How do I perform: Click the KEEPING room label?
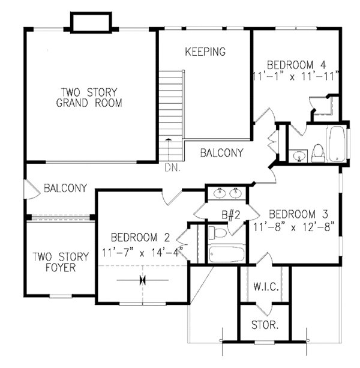(x=205, y=52)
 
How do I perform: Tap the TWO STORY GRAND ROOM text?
(x=89, y=97)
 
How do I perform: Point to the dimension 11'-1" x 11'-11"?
(x=296, y=76)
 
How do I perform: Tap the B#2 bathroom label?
(x=230, y=213)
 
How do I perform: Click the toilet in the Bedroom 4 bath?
(x=318, y=152)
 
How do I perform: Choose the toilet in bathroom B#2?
(x=218, y=232)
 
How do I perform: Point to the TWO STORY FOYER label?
(x=61, y=262)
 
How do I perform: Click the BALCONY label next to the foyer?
(x=65, y=188)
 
